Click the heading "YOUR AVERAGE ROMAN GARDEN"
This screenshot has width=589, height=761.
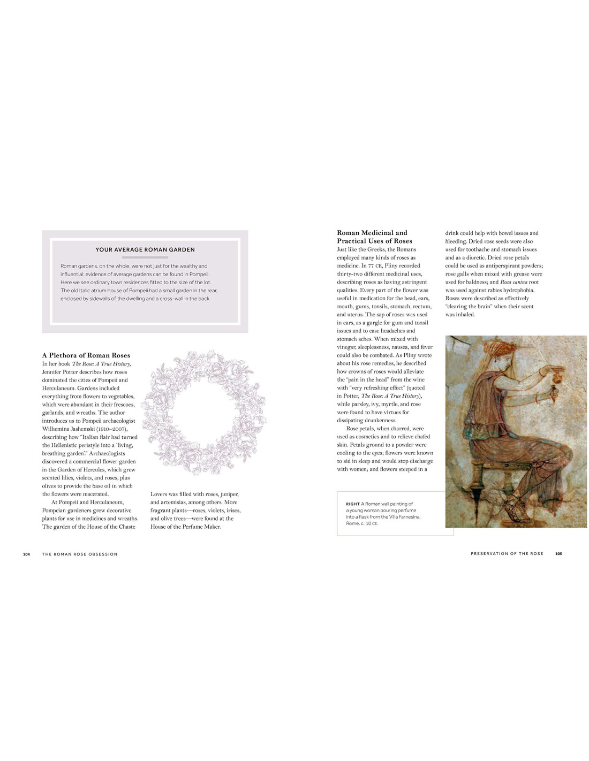point(145,249)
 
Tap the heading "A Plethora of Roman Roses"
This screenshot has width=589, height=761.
point(86,355)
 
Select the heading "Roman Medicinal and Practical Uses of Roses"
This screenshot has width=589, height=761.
point(374,237)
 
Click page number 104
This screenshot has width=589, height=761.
point(26,554)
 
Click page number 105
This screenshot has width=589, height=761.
point(558,553)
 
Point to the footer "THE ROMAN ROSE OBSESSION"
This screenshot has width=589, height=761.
point(80,554)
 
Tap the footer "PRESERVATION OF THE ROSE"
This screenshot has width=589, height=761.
point(507,553)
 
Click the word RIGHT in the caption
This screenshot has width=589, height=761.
point(353,504)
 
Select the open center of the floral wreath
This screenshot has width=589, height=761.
point(203,413)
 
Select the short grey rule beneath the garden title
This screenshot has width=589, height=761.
point(145,257)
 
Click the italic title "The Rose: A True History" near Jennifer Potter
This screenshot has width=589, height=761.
point(101,364)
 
